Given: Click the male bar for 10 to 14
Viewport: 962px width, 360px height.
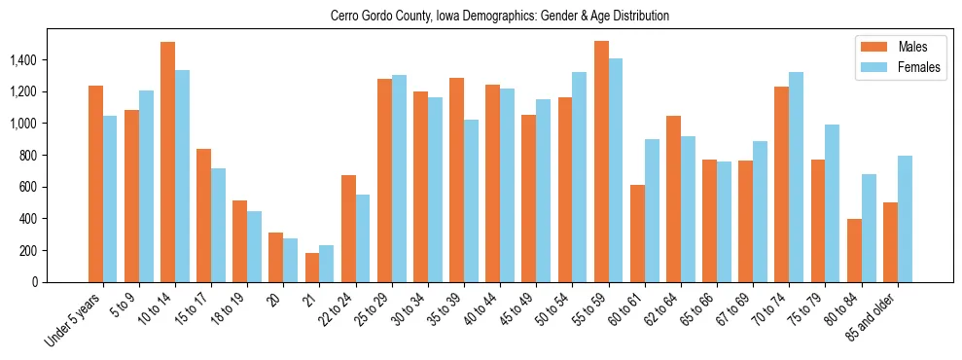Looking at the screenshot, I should click(x=167, y=162).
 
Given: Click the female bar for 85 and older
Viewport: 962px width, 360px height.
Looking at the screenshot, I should click(x=905, y=219).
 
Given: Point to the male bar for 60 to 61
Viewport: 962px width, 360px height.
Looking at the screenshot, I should click(x=637, y=234).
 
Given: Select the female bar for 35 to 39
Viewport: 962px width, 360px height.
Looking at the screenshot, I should click(x=471, y=200).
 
